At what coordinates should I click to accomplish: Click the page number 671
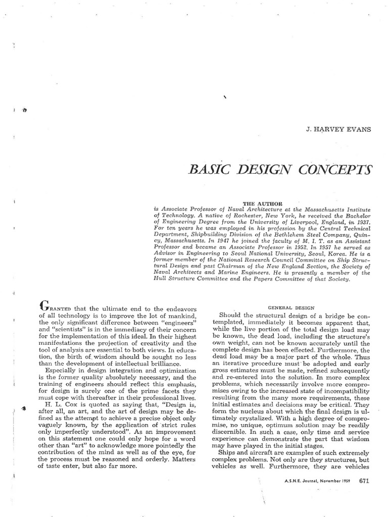(365, 481)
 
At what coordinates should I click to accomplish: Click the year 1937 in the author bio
(361, 222)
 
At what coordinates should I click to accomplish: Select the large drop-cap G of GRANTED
(44, 306)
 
